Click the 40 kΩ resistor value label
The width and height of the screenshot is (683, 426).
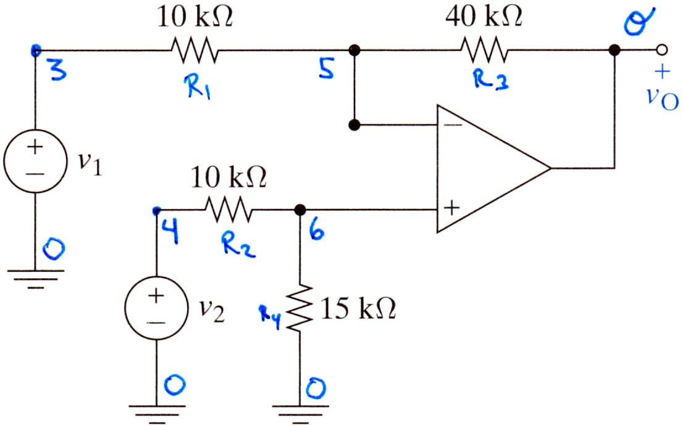click(484, 17)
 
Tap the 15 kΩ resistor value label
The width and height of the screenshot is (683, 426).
click(358, 309)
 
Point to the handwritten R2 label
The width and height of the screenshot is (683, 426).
click(237, 245)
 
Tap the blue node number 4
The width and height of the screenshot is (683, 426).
click(171, 231)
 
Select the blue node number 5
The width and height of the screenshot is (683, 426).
click(327, 68)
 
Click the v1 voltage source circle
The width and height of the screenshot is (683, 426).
click(35, 161)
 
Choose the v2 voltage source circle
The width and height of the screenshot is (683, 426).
click(156, 308)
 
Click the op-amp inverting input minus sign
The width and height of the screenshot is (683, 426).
click(453, 125)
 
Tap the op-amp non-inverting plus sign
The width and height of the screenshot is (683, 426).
click(451, 208)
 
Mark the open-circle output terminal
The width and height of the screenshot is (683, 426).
click(661, 50)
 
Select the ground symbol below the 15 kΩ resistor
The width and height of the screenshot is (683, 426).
click(300, 414)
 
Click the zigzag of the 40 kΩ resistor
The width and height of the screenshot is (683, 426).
click(484, 50)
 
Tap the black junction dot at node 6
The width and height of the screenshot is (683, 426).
click(300, 210)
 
